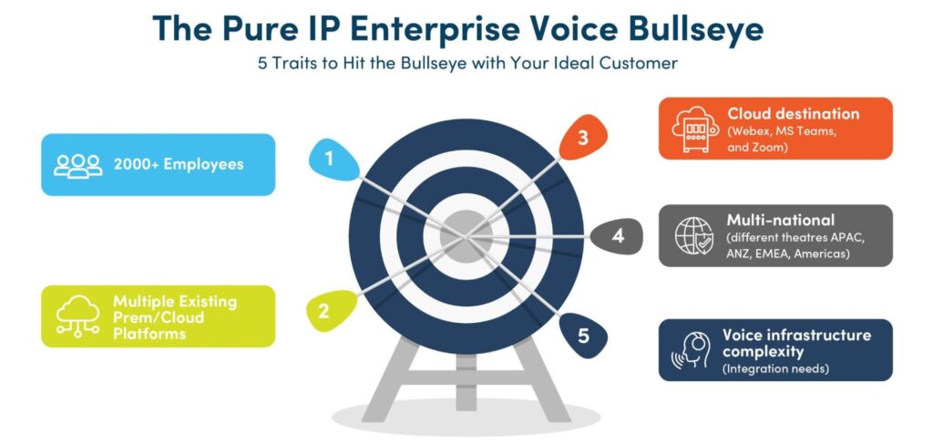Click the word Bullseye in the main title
pyautogui.click(x=692, y=29)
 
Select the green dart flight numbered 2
pyautogui.click(x=330, y=310)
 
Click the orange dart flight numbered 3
pyautogui.click(x=584, y=137)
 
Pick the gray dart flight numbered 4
pyautogui.click(x=619, y=236)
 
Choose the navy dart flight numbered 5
pyautogui.click(x=583, y=335)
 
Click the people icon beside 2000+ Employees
pyautogui.click(x=78, y=166)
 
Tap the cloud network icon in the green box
pyautogui.click(x=78, y=316)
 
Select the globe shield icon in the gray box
pyautogui.click(x=694, y=236)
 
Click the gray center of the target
pyautogui.click(x=466, y=236)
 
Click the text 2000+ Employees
pyautogui.click(x=179, y=164)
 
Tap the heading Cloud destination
pyautogui.click(x=794, y=114)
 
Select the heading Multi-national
pyautogui.click(x=781, y=220)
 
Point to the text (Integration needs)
pyautogui.click(x=775, y=369)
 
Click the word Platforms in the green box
pyautogui.click(x=149, y=334)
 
